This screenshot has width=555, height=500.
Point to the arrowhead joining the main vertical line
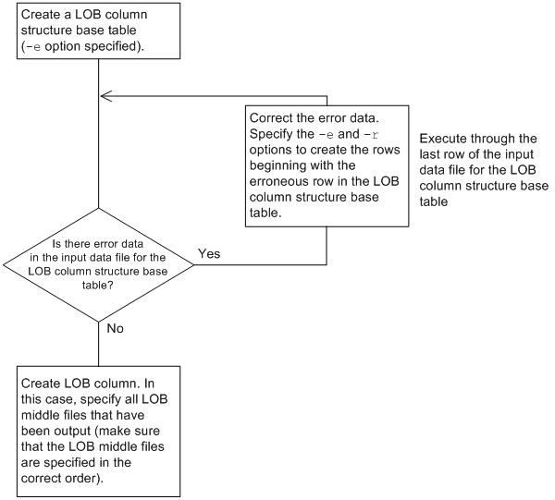click(105, 95)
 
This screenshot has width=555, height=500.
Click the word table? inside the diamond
click(98, 287)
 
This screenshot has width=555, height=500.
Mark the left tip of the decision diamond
click(5, 265)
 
